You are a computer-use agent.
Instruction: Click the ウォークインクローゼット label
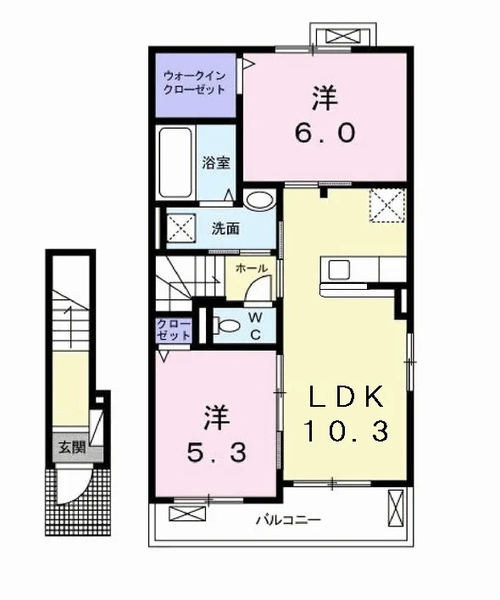coord(194,83)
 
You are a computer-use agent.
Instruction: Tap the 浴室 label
coord(216,163)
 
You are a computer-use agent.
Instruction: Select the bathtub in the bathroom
coord(175,162)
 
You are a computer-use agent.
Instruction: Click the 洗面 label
coord(225,229)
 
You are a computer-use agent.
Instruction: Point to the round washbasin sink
coord(260,199)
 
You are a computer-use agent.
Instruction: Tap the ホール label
coord(252,269)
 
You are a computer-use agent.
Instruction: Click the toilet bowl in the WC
coord(228,326)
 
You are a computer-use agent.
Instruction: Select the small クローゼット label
coord(174,330)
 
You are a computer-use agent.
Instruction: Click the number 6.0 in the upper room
coord(325,133)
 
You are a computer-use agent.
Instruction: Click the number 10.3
coord(347,431)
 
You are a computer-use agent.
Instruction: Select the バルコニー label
coord(288,520)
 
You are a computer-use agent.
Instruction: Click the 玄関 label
coord(72,447)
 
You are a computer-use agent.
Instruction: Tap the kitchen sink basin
coord(339,269)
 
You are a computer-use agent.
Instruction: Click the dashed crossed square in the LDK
coord(386,205)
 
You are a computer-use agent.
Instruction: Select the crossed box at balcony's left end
coord(187,514)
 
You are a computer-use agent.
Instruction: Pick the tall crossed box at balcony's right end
coord(396,508)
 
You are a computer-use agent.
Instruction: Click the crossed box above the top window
coord(342,36)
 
